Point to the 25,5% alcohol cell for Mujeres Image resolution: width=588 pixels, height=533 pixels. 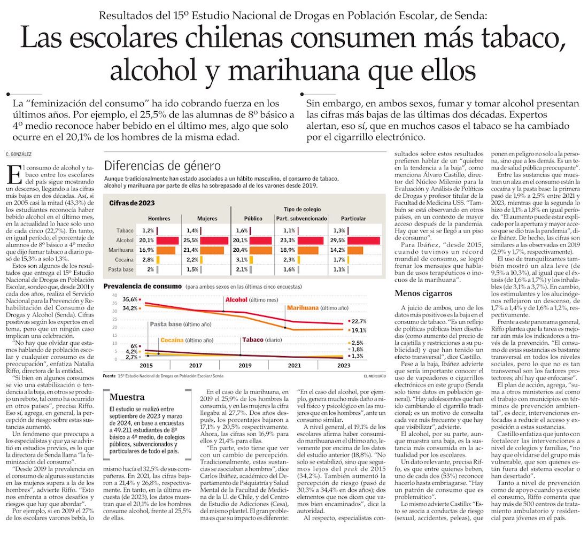tap(191, 240)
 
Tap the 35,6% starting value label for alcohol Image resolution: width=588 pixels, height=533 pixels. tap(130, 299)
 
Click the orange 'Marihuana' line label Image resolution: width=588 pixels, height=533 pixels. tap(303, 308)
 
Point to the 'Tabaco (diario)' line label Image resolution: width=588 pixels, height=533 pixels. tap(261, 339)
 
